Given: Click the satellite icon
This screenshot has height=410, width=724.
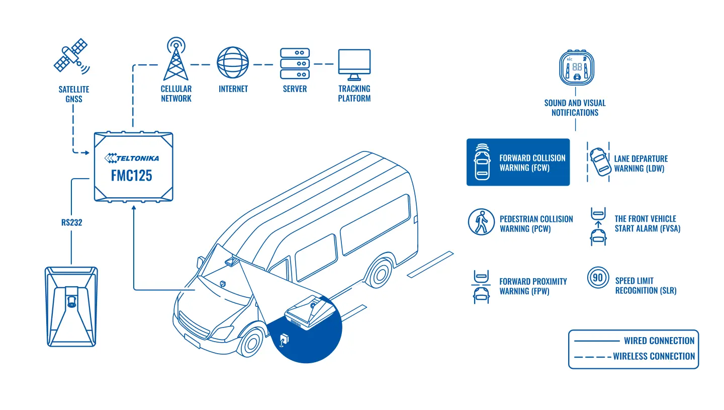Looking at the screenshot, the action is [71, 56].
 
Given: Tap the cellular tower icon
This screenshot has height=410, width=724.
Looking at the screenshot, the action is [176, 59].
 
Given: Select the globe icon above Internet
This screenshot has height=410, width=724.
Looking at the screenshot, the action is [233, 62].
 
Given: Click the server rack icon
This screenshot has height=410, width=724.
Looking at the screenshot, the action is [295, 63].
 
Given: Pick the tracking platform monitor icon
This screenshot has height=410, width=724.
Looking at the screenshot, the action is [354, 65].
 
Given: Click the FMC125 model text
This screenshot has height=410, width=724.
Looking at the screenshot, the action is [132, 176].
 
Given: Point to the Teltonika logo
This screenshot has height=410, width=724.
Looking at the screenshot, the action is [132, 158].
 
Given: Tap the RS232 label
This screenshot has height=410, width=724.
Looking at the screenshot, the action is [72, 222].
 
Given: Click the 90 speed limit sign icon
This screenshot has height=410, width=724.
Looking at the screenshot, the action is [598, 277].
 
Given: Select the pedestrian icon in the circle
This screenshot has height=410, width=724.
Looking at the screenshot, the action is [481, 222].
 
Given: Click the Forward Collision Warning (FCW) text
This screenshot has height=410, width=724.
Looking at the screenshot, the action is [532, 162].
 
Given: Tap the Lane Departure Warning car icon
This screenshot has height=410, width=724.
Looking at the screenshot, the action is [600, 161].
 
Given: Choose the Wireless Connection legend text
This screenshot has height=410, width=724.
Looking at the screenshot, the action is [654, 356].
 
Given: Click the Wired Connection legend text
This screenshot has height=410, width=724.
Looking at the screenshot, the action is [659, 341].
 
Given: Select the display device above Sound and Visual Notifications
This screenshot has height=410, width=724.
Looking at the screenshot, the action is [577, 67].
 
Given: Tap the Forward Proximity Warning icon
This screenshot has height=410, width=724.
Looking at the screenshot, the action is [481, 287].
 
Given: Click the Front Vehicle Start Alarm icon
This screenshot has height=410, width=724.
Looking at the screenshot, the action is [598, 226].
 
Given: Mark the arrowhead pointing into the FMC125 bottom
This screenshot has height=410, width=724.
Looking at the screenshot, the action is [134, 207].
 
